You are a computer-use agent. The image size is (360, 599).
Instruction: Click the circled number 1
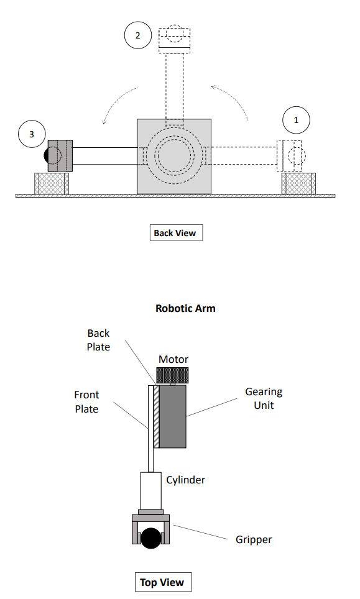[296, 121]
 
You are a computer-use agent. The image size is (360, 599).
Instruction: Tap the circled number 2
[138, 35]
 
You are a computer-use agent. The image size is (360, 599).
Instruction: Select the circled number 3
[32, 134]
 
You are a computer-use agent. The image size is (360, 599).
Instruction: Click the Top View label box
[162, 582]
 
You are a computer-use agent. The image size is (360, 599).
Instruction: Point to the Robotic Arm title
[185, 308]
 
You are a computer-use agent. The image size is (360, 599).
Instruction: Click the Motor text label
[173, 359]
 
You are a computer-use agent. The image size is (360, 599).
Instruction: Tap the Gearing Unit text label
[264, 398]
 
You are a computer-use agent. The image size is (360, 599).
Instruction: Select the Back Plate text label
[98, 340]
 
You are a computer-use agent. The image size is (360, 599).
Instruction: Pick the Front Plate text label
[86, 401]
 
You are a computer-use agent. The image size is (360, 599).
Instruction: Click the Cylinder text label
[185, 480]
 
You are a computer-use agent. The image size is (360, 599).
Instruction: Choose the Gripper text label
[253, 539]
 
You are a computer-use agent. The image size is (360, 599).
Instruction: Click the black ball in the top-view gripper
[150, 537]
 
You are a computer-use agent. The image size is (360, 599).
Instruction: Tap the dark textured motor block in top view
[172, 375]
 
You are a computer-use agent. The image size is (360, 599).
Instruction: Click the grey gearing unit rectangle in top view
[173, 416]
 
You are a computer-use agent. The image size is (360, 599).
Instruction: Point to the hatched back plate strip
[156, 416]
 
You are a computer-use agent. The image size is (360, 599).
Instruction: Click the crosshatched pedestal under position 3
[52, 183]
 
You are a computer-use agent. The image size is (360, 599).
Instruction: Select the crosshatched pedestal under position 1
[298, 183]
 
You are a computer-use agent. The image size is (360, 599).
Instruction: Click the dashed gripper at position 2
[175, 39]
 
